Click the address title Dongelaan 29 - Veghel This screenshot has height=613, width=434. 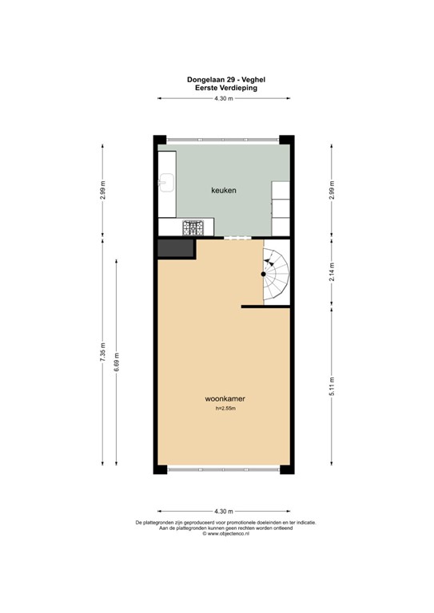pyautogui.click(x=224, y=80)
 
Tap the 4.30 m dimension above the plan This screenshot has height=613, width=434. pyautogui.click(x=224, y=98)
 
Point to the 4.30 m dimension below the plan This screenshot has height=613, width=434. pyautogui.click(x=224, y=511)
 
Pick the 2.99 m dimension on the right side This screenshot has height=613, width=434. pyautogui.click(x=332, y=190)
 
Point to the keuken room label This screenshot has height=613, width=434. pyautogui.click(x=224, y=190)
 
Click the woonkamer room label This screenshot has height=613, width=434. pyautogui.click(x=224, y=397)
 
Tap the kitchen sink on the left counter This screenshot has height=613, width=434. pyautogui.click(x=167, y=185)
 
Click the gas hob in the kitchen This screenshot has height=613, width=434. pyautogui.click(x=193, y=228)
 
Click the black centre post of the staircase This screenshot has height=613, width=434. pyautogui.click(x=263, y=274)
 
